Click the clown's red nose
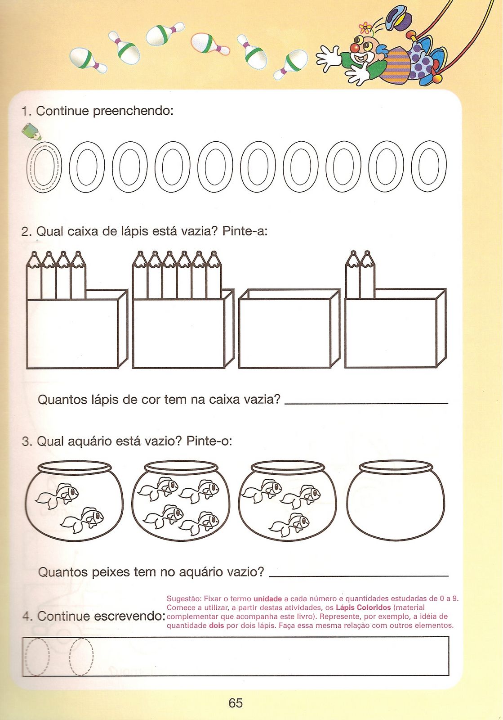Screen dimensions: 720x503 click(355, 47)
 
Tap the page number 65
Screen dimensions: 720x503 click(235, 703)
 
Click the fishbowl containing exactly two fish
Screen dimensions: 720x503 click(74, 501)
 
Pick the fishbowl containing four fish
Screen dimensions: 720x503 click(181, 501)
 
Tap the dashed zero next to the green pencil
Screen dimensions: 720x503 click(44, 166)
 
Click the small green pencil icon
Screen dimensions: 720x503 click(31, 131)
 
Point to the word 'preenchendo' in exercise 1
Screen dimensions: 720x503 click(132, 111)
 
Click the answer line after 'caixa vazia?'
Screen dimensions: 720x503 click(366, 401)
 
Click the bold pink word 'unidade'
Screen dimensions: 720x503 click(267, 599)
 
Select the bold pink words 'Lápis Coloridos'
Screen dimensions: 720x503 click(363, 607)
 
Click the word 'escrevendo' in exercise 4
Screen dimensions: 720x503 click(130, 616)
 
